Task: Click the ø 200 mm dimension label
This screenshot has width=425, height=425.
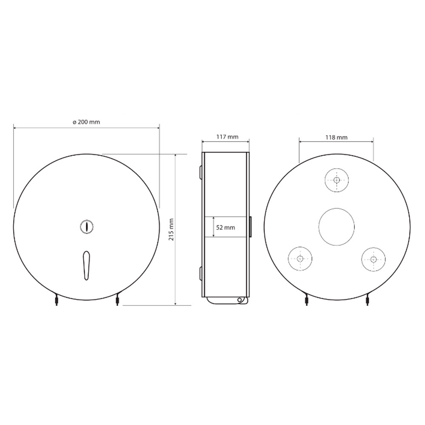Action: click(86, 122)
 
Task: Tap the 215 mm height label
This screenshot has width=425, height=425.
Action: click(171, 230)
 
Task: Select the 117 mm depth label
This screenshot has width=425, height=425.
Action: click(227, 137)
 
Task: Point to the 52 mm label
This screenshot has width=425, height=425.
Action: click(226, 228)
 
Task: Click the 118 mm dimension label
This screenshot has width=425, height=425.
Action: click(336, 137)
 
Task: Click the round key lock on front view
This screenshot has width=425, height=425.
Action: click(87, 226)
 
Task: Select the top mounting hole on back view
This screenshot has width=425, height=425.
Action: click(337, 180)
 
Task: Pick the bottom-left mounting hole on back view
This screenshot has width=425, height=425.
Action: click(300, 258)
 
